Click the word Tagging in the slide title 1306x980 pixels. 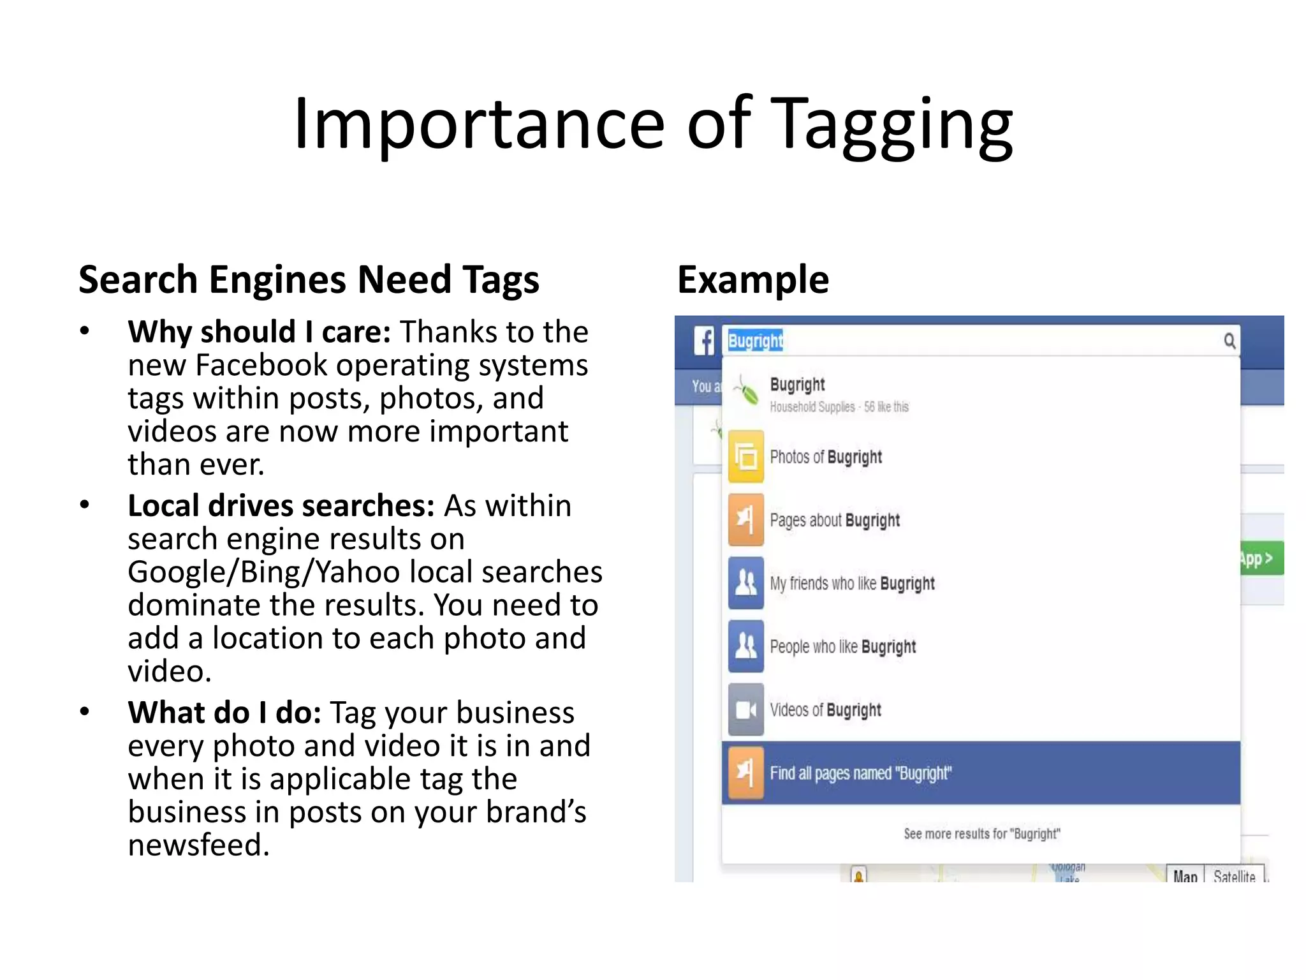pyautogui.click(x=894, y=124)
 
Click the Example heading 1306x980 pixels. pyautogui.click(x=752, y=279)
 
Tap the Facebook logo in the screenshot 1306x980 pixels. pyautogui.click(x=704, y=341)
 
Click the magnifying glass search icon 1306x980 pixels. pyautogui.click(x=1229, y=341)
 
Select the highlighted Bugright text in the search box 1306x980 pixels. pyautogui.click(x=755, y=341)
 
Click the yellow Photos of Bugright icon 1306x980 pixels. pyautogui.click(x=745, y=457)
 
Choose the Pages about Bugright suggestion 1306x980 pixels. pyautogui.click(x=834, y=521)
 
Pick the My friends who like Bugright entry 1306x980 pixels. pyautogui.click(x=852, y=584)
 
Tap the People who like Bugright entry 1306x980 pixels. pyautogui.click(x=842, y=647)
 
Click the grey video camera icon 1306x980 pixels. pyautogui.click(x=745, y=709)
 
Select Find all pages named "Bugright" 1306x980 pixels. pyautogui.click(x=860, y=773)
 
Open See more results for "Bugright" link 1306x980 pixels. pyautogui.click(x=981, y=834)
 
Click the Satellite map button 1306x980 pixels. pyautogui.click(x=1234, y=877)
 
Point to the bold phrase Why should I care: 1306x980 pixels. pyautogui.click(x=259, y=332)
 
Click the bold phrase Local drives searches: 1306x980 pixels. pyautogui.click(x=281, y=506)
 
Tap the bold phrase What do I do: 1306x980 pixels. pyautogui.click(x=224, y=713)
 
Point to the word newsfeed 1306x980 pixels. pyautogui.click(x=198, y=845)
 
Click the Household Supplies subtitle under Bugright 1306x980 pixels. pyautogui.click(x=812, y=407)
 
